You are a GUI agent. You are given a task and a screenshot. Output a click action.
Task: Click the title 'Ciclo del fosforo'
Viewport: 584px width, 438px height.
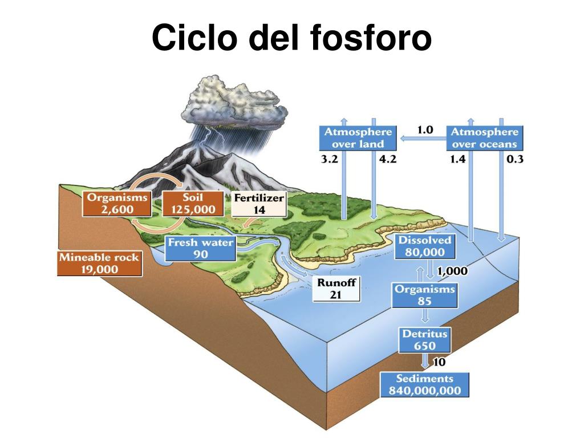(x=291, y=38)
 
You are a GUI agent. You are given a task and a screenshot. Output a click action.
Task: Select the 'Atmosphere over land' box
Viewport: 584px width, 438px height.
(x=358, y=138)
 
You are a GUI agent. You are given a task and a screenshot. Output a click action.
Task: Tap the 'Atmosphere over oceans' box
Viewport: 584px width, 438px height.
(x=484, y=138)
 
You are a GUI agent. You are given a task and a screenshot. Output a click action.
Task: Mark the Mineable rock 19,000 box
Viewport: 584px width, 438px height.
(x=99, y=263)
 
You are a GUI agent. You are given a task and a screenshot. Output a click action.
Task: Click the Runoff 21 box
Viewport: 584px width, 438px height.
(x=336, y=289)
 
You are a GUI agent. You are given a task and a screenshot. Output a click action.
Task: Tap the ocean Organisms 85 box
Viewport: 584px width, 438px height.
(x=424, y=295)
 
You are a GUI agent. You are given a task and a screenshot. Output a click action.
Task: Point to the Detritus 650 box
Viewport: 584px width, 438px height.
(x=424, y=340)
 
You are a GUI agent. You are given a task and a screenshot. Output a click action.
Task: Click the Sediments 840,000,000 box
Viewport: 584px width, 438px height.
(x=425, y=385)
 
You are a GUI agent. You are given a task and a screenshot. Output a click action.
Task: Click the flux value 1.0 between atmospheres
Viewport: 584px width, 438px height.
(x=424, y=129)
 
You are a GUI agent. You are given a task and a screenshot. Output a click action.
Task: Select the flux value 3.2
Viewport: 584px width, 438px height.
(x=328, y=160)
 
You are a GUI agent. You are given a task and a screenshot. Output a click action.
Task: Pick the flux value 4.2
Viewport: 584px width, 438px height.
(x=387, y=160)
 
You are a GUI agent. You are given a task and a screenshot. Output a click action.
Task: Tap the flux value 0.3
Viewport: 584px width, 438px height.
(x=514, y=160)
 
